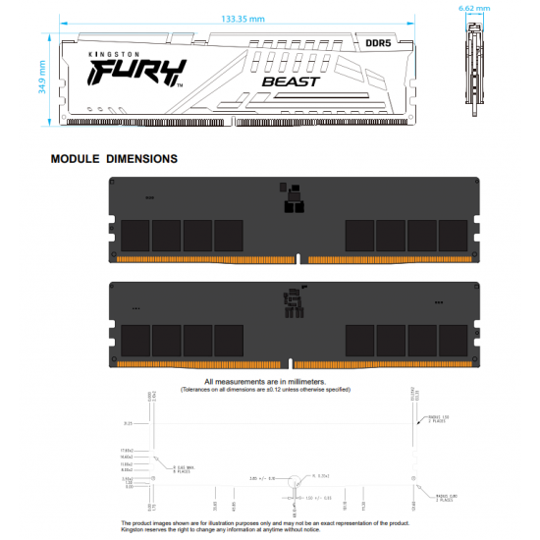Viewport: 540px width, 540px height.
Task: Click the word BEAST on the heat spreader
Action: [x=292, y=81]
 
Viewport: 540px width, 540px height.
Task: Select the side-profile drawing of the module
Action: [x=475, y=75]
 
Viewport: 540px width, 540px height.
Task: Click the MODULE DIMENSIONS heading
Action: [x=114, y=158]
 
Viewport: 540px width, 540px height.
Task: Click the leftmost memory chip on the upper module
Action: [x=134, y=235]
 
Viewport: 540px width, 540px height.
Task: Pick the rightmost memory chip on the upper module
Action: [x=454, y=235]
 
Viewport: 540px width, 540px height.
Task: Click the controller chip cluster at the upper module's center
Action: [x=292, y=199]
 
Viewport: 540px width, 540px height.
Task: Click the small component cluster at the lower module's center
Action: [x=292, y=304]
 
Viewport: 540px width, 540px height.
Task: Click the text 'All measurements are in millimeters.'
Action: [x=265, y=381]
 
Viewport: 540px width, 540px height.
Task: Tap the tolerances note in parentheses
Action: [x=265, y=390]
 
